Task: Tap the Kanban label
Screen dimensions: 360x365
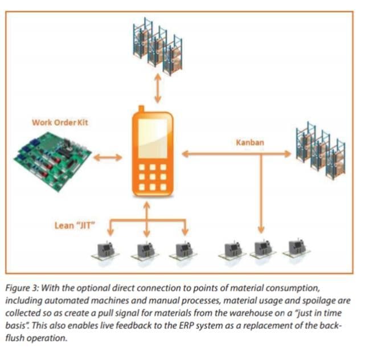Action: click(250, 143)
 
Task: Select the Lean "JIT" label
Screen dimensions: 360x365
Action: click(71, 226)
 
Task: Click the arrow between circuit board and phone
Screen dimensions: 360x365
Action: click(108, 157)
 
